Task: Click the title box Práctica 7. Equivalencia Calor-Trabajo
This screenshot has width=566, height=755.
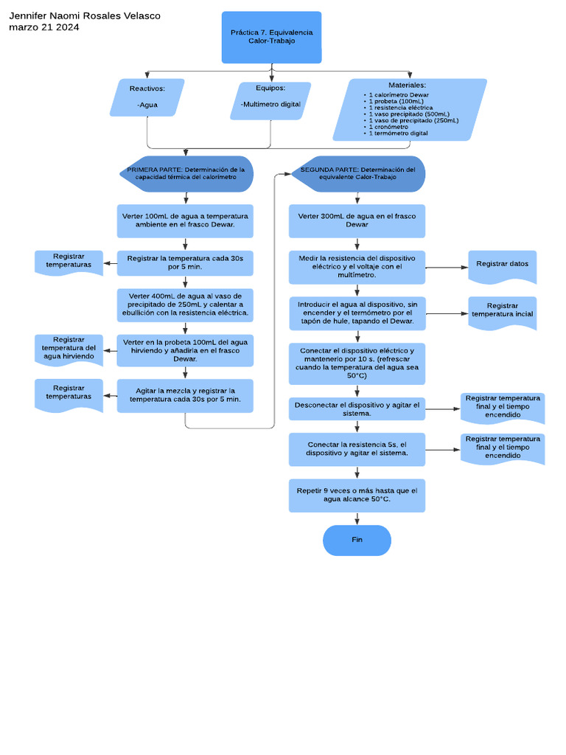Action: pyautogui.click(x=271, y=37)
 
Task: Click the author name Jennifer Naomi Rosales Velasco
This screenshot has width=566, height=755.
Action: pyautogui.click(x=84, y=15)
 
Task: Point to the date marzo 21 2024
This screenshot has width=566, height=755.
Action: pyautogui.click(x=43, y=27)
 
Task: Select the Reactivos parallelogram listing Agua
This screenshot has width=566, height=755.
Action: pyautogui.click(x=147, y=97)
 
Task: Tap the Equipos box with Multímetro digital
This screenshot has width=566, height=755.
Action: pyautogui.click(x=270, y=100)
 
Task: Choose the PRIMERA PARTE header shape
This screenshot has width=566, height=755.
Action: pyautogui.click(x=186, y=173)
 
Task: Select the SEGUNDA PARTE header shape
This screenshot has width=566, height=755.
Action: pyautogui.click(x=357, y=173)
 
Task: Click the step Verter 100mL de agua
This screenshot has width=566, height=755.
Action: pyautogui.click(x=185, y=220)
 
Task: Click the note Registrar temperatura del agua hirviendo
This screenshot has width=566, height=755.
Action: pyautogui.click(x=69, y=348)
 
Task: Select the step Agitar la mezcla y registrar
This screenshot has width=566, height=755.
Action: pyautogui.click(x=185, y=394)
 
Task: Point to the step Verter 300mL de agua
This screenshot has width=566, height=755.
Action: pyautogui.click(x=357, y=220)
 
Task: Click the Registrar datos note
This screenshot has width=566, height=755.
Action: pyautogui.click(x=502, y=264)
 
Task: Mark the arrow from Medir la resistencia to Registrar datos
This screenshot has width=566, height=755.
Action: pyautogui.click(x=447, y=267)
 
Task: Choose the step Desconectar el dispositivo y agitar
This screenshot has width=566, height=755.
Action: pyautogui.click(x=357, y=409)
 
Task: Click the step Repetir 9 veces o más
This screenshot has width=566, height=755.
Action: pyautogui.click(x=357, y=495)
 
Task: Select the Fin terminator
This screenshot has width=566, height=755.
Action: pyautogui.click(x=357, y=540)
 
